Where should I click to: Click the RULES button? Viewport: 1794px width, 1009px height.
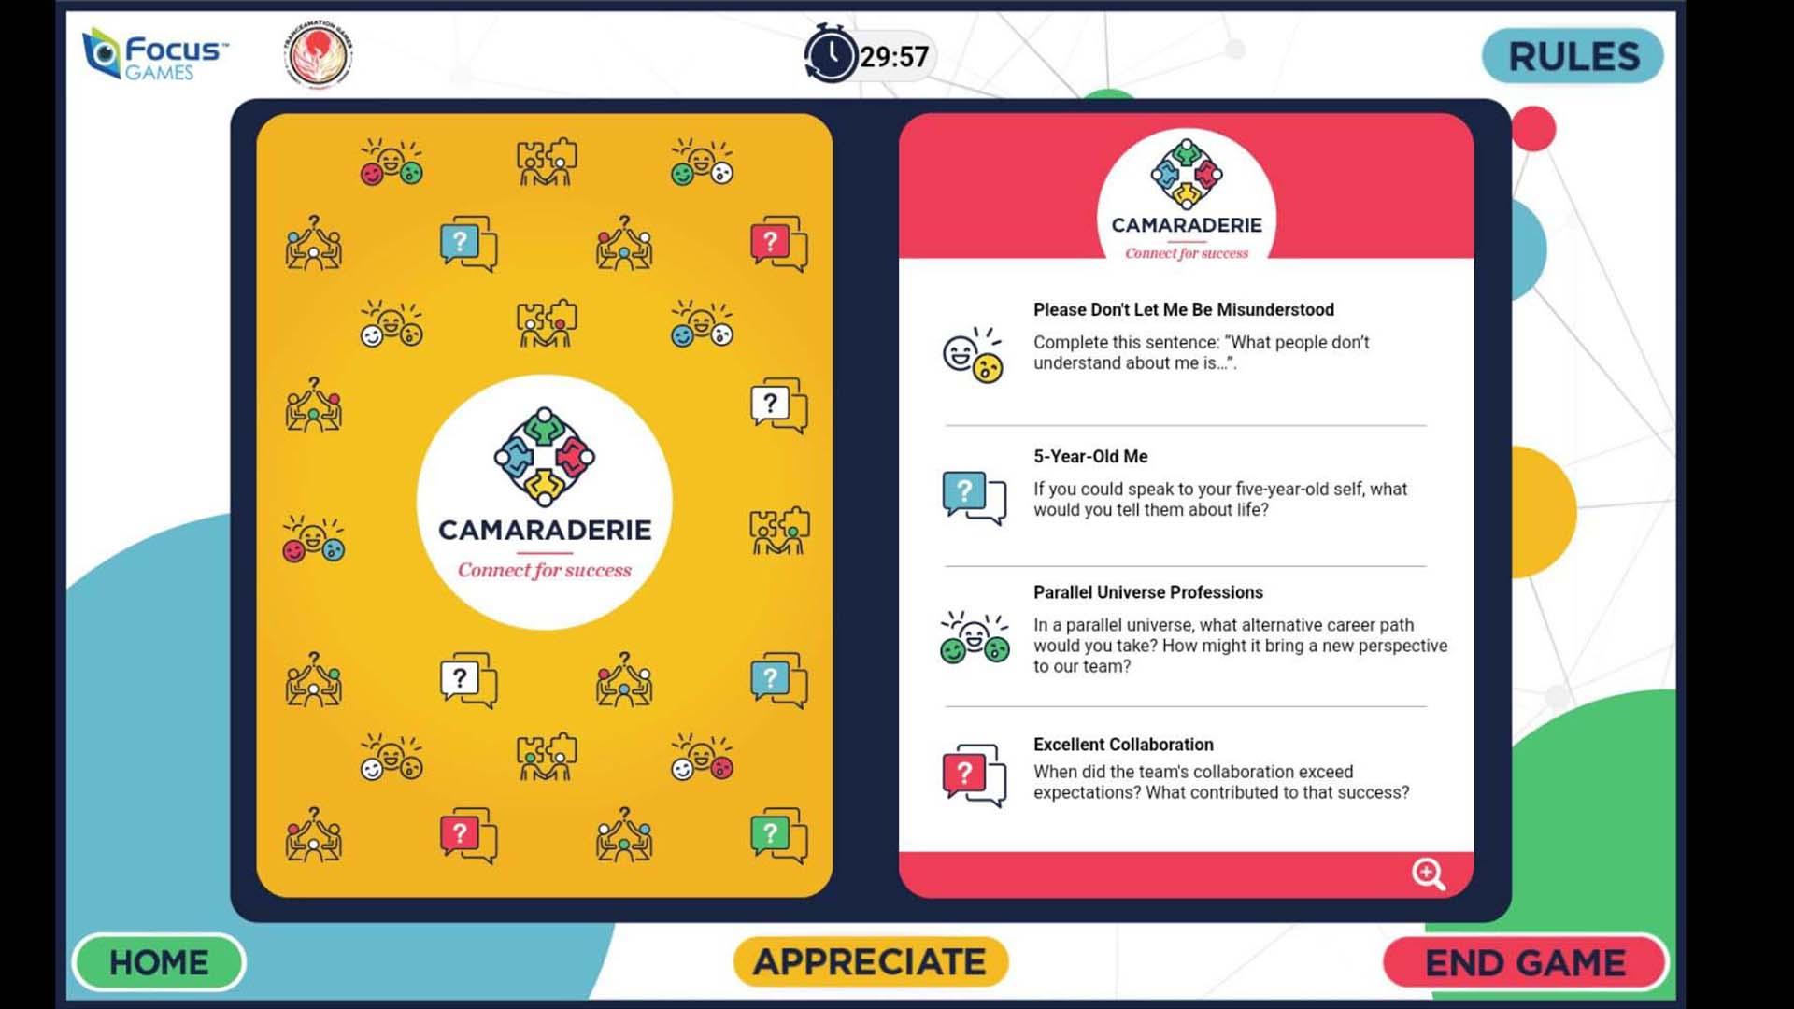pyautogui.click(x=1573, y=56)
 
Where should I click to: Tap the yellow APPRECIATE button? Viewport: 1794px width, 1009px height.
pyautogui.click(x=870, y=961)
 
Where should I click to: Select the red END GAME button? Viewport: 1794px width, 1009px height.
pyautogui.click(x=1525, y=962)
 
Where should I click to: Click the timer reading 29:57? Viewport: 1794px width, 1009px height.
pyautogui.click(x=894, y=56)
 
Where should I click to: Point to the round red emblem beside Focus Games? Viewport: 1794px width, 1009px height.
pyautogui.click(x=318, y=53)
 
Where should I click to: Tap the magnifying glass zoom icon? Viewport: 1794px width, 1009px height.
pyautogui.click(x=1429, y=874)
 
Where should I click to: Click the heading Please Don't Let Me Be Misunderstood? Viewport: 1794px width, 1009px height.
pyautogui.click(x=1184, y=309)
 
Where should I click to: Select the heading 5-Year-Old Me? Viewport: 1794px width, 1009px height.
pyautogui.click(x=1090, y=456)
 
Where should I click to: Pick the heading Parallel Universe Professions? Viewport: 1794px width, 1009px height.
pyautogui.click(x=1148, y=592)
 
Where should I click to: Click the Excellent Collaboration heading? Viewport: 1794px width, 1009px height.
pyautogui.click(x=1123, y=745)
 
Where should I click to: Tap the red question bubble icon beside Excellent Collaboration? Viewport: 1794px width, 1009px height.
pyautogui.click(x=974, y=775)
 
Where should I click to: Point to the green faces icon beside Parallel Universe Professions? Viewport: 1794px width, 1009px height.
pyautogui.click(x=975, y=637)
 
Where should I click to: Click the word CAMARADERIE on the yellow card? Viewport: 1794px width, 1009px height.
pyautogui.click(x=545, y=530)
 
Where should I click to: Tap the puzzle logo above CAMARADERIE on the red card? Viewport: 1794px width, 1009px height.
pyautogui.click(x=1187, y=174)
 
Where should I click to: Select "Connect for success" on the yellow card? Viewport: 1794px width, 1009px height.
pyautogui.click(x=545, y=570)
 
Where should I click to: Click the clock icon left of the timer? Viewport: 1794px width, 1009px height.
pyautogui.click(x=831, y=54)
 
